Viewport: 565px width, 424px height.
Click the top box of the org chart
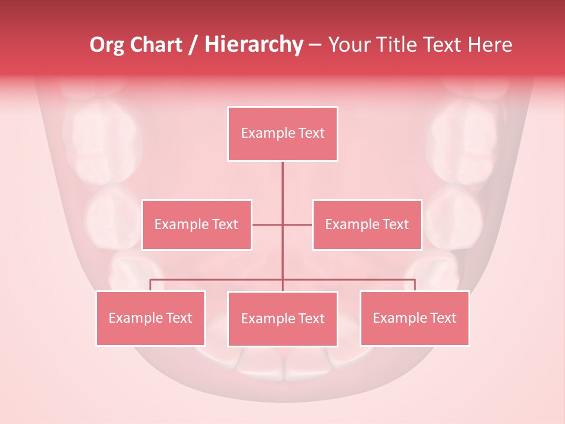coord(282,134)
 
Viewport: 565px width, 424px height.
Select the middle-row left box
coord(197,224)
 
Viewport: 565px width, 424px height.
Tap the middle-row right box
coord(367,224)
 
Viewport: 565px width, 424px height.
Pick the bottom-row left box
coord(151,318)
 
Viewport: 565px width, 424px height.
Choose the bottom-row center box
coord(282,319)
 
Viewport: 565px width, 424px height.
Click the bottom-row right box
coord(414,318)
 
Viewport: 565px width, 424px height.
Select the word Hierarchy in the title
coord(254,45)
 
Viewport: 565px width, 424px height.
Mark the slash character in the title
coord(194,45)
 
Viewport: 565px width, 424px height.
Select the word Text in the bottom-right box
coord(443,318)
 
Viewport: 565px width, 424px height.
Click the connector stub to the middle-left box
coord(267,224)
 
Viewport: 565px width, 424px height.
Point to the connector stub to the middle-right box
coord(298,224)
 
